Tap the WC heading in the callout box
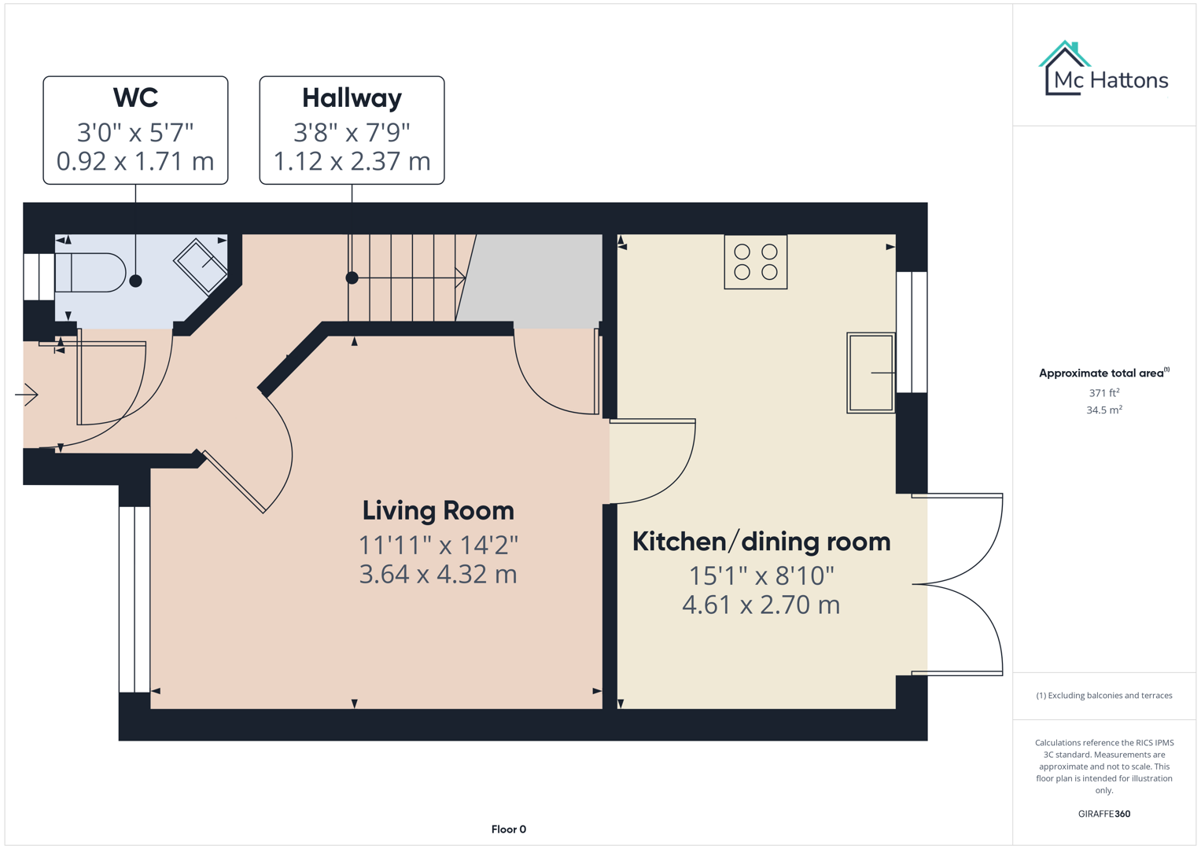(x=135, y=98)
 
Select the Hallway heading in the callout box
(x=352, y=98)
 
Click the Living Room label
(x=438, y=511)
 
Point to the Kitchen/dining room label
(x=761, y=542)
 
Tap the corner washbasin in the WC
(x=201, y=265)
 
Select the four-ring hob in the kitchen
(x=755, y=263)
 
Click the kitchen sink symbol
(x=871, y=373)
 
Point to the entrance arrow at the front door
(x=28, y=394)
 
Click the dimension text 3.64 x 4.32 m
(x=438, y=575)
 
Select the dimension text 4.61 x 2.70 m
(x=761, y=605)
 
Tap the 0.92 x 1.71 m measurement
(x=135, y=161)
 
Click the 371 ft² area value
(x=1103, y=392)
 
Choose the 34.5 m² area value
(x=1103, y=410)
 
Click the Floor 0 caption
(x=508, y=829)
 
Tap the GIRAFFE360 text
(x=1103, y=814)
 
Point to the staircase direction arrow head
(x=461, y=277)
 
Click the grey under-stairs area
(x=535, y=279)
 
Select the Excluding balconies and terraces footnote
(x=1103, y=696)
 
